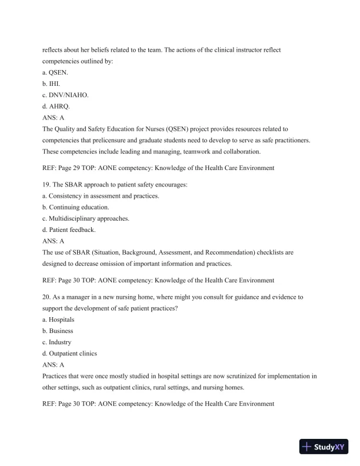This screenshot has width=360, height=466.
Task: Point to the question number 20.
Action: pos(47,297)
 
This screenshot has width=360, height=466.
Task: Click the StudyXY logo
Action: pos(325,447)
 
